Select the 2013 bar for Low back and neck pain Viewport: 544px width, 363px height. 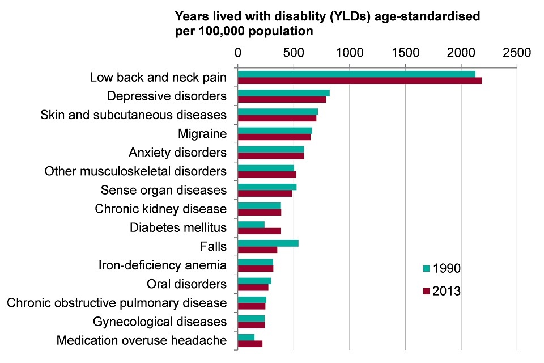tap(359, 81)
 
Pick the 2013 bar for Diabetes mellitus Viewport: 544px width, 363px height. tap(259, 231)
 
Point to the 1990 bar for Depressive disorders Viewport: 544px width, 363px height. tap(283, 92)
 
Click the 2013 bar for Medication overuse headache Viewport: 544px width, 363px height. tap(250, 344)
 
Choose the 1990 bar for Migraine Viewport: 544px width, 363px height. tap(275, 130)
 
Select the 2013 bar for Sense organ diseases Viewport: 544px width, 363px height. tap(265, 193)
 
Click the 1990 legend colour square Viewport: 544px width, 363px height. tap(426, 268)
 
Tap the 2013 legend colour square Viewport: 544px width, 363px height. tap(426, 292)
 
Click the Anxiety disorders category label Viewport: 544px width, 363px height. tap(177, 153)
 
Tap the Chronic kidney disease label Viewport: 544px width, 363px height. tap(160, 209)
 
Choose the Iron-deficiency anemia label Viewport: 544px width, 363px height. tap(162, 265)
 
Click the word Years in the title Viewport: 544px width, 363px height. tap(193, 16)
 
